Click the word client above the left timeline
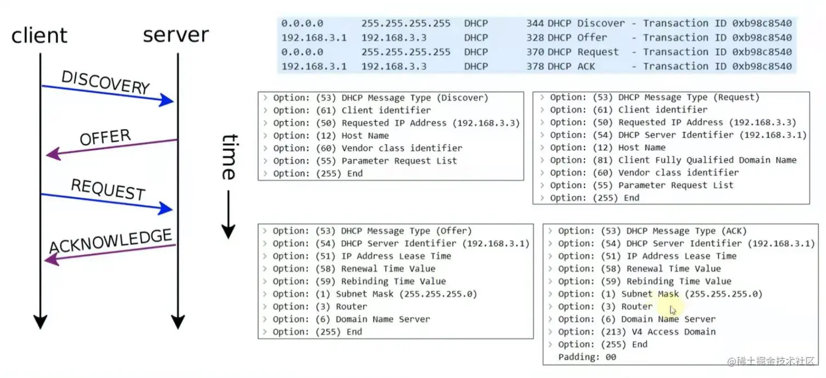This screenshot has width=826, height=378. [39, 36]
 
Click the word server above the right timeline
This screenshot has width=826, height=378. [176, 34]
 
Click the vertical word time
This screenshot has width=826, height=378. [228, 157]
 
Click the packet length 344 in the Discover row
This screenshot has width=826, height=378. [535, 23]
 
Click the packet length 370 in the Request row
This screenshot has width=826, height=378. [535, 52]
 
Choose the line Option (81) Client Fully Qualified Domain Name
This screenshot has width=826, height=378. [672, 160]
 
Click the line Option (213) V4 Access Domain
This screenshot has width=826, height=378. [636, 332]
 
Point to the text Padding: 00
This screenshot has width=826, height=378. [587, 357]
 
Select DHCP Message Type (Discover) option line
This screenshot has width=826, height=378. [380, 98]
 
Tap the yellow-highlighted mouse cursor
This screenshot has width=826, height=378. [673, 310]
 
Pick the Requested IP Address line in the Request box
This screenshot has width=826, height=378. [672, 122]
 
